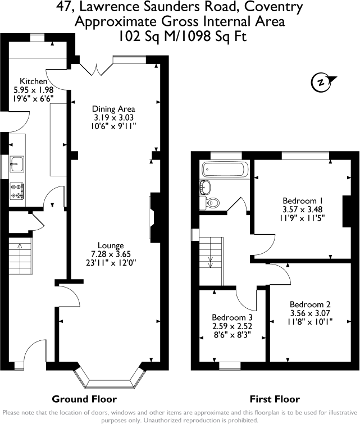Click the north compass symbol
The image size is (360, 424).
tap(321, 82)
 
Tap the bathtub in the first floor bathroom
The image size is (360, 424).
tap(223, 168)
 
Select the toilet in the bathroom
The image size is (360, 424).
tap(212, 203)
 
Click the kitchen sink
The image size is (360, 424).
tap(16, 164)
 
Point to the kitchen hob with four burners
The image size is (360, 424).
tap(16, 190)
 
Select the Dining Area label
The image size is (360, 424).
tap(115, 109)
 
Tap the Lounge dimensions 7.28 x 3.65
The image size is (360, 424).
tap(115, 254)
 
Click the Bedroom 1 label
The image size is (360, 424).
tap(298, 200)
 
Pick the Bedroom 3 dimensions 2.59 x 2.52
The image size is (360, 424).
tap(231, 325)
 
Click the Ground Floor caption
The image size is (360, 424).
tap(84, 399)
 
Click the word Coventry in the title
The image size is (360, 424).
tap(272, 8)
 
